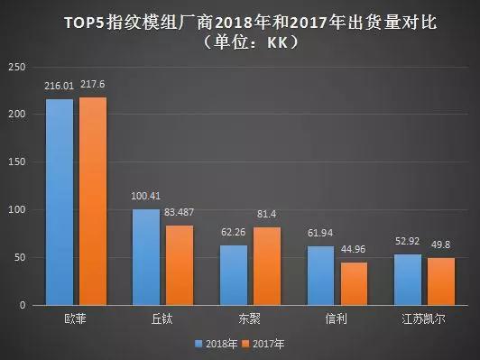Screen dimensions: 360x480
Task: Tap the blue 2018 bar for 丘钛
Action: tap(146, 257)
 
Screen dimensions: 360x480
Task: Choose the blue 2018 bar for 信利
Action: tap(320, 275)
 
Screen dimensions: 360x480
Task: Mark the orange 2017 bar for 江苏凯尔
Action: tap(440, 282)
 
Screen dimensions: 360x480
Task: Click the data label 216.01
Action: tap(60, 87)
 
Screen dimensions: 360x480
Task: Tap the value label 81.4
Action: tap(267, 216)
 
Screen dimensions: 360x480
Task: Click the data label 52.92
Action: tap(409, 243)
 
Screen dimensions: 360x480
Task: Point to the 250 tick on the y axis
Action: tap(16, 67)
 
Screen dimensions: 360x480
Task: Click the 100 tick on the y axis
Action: tap(16, 210)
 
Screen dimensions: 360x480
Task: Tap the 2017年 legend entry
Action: tap(267, 343)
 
